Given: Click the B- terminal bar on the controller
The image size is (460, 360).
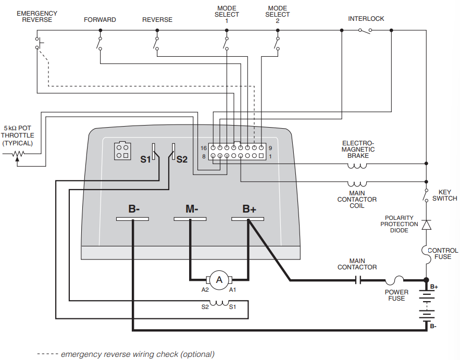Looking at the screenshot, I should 133,219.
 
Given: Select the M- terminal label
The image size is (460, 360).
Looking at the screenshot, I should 191,209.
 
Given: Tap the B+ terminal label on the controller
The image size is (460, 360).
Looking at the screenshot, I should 249,209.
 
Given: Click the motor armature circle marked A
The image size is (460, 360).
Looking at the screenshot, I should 219,280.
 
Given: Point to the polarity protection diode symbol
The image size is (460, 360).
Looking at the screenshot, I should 426,225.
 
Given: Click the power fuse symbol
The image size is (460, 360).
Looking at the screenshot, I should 397,280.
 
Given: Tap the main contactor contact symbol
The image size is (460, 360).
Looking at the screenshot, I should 358,280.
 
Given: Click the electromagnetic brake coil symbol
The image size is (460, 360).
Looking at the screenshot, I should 357,166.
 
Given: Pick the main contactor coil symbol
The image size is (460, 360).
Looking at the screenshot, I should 357,184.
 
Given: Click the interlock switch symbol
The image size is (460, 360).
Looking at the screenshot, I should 365,30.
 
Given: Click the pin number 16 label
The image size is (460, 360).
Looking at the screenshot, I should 203,148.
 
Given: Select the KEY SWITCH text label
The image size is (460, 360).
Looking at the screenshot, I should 445,195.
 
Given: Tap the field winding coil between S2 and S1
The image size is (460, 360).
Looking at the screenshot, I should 219,303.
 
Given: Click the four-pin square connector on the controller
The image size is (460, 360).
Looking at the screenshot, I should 122,151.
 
